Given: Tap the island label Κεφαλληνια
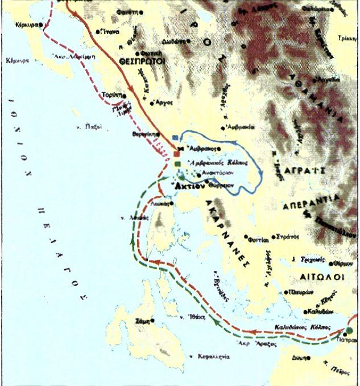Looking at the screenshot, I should [x=215, y=356].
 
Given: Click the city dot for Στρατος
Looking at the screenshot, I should [x=274, y=235].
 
